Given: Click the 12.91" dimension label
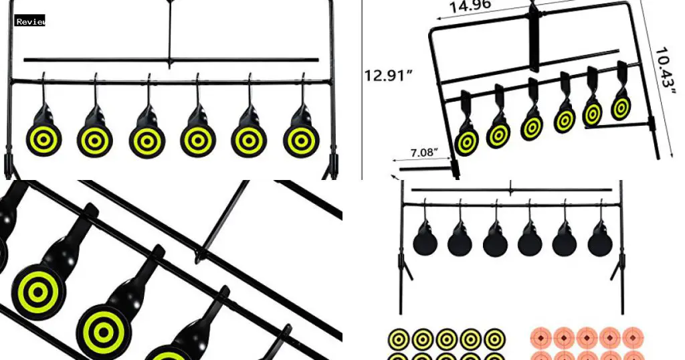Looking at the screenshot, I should [x=388, y=75].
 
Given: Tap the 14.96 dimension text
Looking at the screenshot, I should [x=470, y=6].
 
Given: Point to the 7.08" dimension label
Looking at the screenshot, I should [x=425, y=152].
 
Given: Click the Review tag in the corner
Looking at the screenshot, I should [x=30, y=21].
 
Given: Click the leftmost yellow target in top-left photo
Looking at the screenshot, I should [x=43, y=139].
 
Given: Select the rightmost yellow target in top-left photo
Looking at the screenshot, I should [x=300, y=139].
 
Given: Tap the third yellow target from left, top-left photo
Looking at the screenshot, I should [x=147, y=139].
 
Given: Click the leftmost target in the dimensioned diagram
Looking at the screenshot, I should [x=466, y=142].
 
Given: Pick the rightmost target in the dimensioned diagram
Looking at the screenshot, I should [x=621, y=107].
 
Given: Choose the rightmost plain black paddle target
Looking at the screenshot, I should [x=600, y=241].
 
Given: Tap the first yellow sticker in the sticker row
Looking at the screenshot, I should [x=399, y=339].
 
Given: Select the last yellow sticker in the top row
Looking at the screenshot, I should [x=495, y=339].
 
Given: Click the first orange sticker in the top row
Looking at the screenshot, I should [x=541, y=338].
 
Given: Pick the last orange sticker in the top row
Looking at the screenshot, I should [x=632, y=338].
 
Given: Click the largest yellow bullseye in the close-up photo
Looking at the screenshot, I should [x=39, y=292].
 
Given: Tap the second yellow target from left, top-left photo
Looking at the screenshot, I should [x=95, y=139].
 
